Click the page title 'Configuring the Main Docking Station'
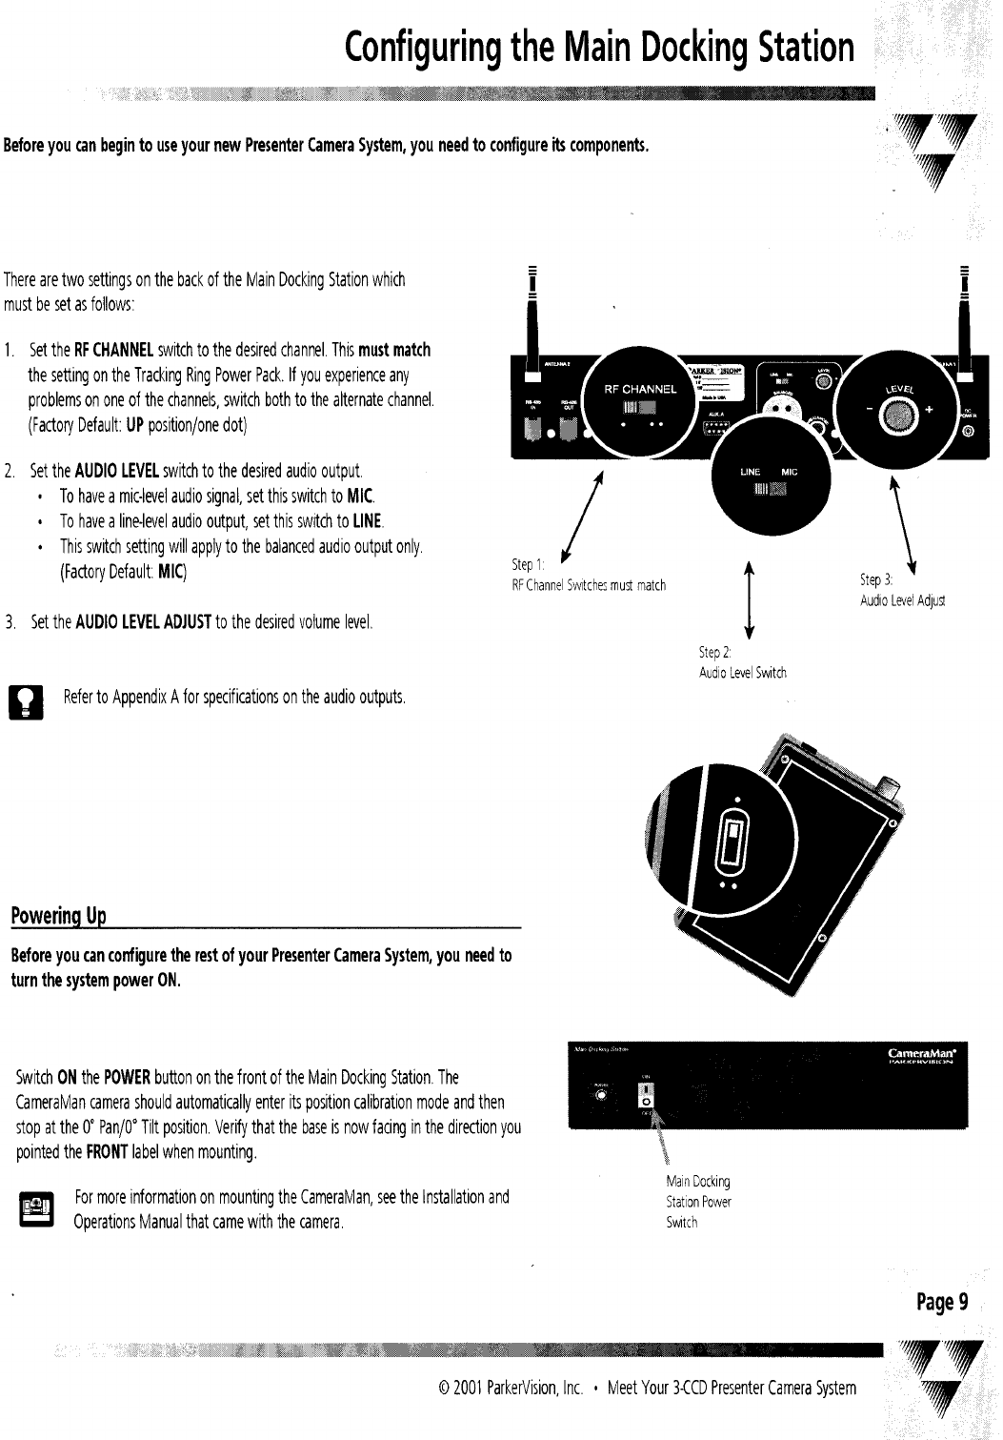[x=599, y=47]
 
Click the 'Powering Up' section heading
[x=57, y=917]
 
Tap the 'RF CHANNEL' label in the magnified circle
[x=641, y=389]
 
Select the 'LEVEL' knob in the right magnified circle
[x=896, y=413]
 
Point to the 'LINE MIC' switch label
[x=768, y=473]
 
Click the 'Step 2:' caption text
[x=714, y=653]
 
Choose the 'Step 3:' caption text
[x=874, y=579]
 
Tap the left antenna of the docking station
[x=523, y=314]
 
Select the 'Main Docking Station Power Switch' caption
[x=698, y=1202]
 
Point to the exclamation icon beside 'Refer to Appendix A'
[x=20, y=700]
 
